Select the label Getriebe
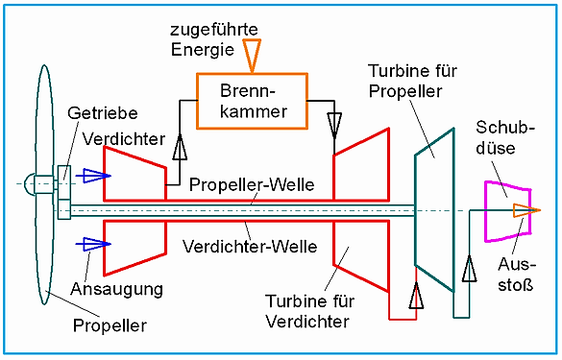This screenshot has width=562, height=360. tap(103, 113)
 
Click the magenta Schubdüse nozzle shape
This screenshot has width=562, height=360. tap(486, 211)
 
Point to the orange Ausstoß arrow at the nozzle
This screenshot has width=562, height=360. tap(526, 210)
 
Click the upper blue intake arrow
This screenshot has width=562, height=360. tap(93, 176)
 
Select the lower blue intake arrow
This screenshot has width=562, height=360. tap(93, 244)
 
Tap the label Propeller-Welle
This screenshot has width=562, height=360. tap(252, 185)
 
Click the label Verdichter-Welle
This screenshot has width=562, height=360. tap(250, 247)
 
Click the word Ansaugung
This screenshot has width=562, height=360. tap(116, 289)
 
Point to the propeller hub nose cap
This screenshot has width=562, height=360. tap(29, 184)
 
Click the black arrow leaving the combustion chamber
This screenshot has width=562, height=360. tap(334, 126)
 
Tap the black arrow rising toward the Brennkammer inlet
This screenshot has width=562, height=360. tap(180, 147)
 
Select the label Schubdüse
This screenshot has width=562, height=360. tap(505, 138)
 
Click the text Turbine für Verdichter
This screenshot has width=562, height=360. tap(309, 311)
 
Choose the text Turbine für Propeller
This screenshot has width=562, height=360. tap(412, 81)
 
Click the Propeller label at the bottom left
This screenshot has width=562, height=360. tap(110, 325)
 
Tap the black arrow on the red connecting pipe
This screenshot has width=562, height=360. tap(416, 295)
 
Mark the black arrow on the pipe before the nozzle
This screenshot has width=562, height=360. tap(469, 268)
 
